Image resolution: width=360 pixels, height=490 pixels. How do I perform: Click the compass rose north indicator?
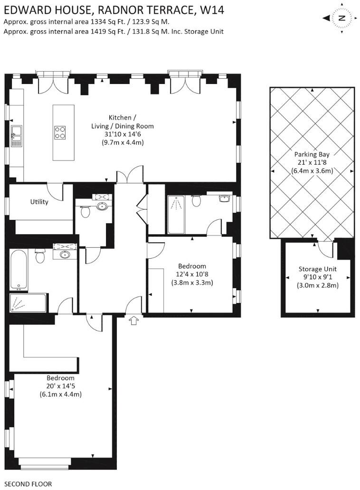(341, 19)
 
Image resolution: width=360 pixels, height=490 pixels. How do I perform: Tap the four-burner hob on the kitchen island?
(60, 132)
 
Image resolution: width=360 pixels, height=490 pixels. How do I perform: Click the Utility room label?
(39, 202)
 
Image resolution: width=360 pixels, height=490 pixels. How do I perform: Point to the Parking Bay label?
(311, 154)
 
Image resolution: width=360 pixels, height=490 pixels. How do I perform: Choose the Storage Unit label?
(317, 269)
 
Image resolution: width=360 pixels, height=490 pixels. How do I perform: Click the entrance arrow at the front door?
(134, 321)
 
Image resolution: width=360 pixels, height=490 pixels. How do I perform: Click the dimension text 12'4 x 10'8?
(192, 274)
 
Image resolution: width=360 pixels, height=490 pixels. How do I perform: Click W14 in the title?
(211, 9)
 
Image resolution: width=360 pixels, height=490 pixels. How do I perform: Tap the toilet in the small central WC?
(85, 211)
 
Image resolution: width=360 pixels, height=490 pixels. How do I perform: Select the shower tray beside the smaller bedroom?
(176, 215)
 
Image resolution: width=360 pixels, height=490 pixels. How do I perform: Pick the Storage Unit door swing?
(324, 247)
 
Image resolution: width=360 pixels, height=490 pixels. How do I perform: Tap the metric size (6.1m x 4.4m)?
(61, 394)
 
